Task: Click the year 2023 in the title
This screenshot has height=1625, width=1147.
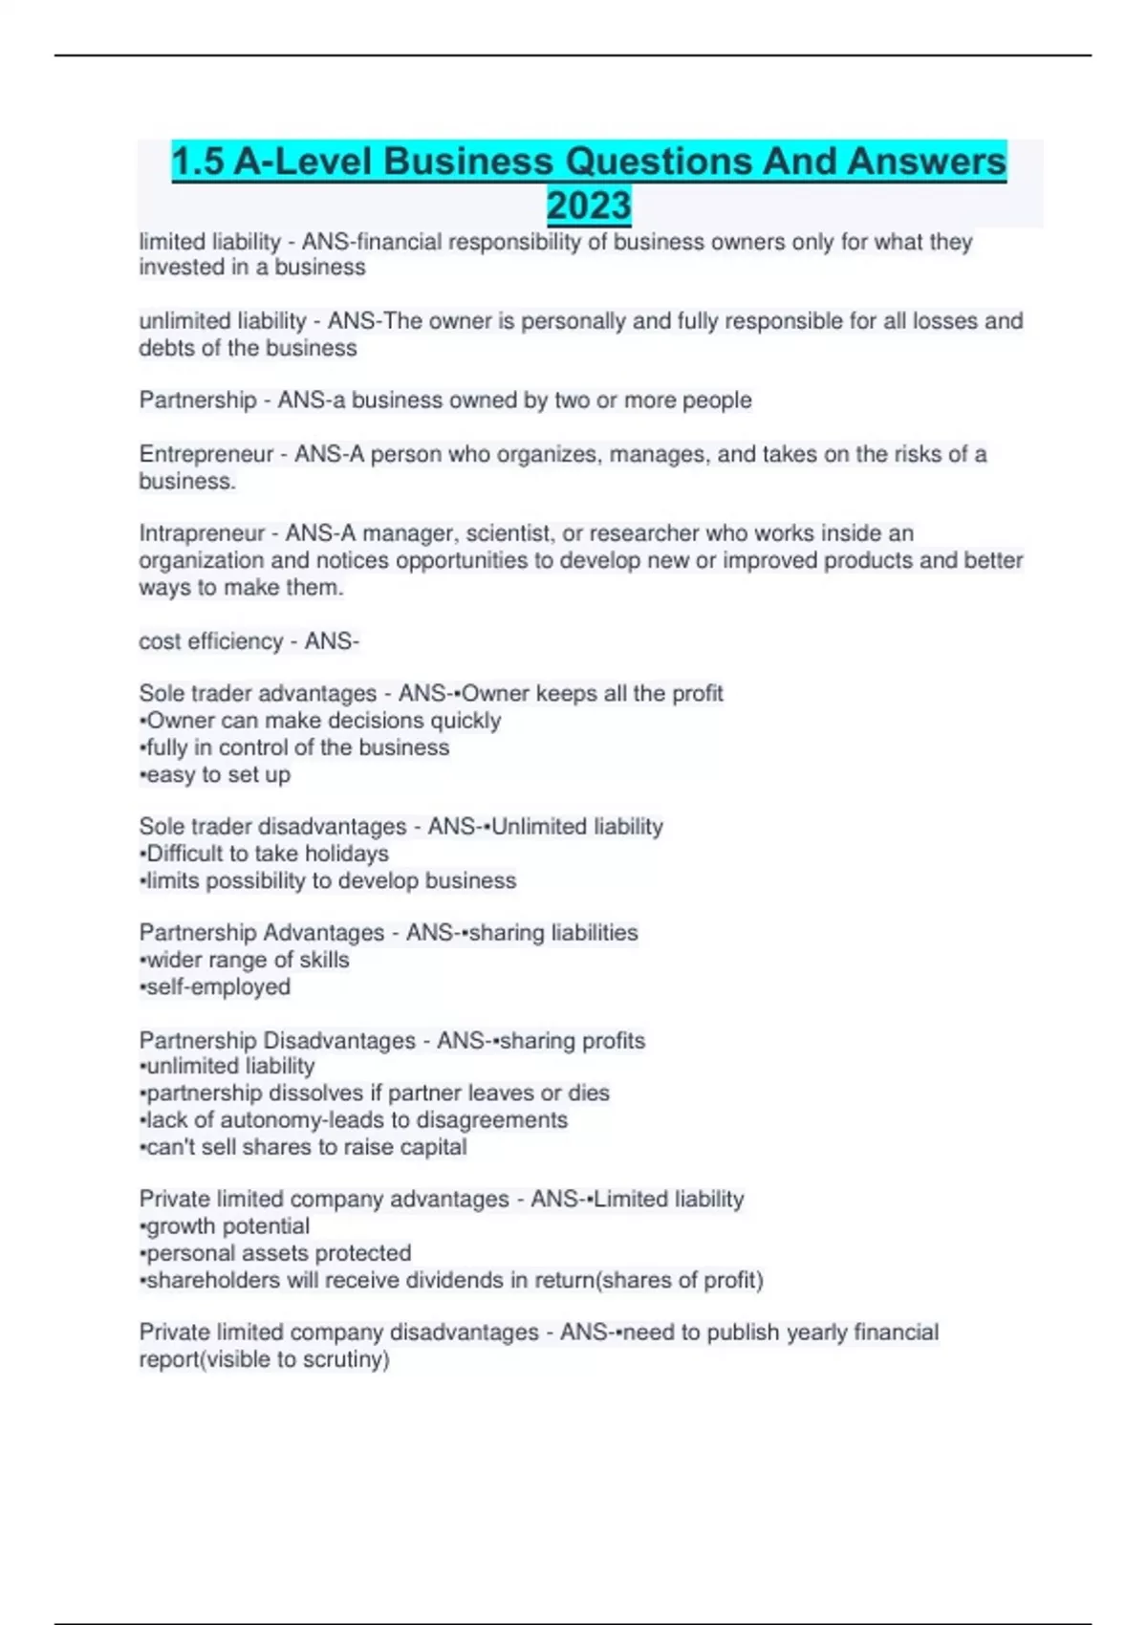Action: pos(589,206)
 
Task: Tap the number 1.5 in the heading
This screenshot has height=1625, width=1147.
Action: pos(198,162)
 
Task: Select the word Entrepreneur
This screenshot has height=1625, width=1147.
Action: pos(206,454)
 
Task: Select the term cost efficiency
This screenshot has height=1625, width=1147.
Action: pos(210,641)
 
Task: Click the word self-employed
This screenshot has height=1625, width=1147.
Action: pos(218,986)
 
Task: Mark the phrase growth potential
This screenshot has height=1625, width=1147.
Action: pos(227,1226)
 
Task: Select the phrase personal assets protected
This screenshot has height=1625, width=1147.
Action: pos(278,1253)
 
